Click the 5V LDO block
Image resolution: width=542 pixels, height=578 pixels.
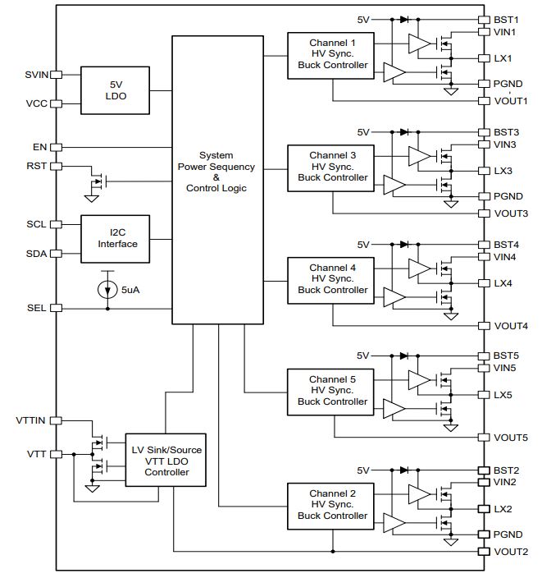pos(116,90)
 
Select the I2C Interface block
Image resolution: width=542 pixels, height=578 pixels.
pos(116,239)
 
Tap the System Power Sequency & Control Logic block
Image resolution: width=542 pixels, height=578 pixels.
pos(217,180)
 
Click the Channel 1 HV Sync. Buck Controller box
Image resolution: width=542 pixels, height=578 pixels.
pos(330,56)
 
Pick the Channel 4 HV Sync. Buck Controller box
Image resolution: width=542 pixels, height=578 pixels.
pos(330,281)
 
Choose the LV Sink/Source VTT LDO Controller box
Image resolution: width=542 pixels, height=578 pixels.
pos(166,460)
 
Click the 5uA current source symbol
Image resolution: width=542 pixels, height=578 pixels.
pos(107,290)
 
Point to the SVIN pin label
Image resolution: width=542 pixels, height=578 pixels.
pos(36,75)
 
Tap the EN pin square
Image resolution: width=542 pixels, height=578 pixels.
pos(56,147)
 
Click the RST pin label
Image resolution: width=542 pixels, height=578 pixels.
pos(36,166)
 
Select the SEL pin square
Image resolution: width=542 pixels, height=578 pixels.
pos(56,308)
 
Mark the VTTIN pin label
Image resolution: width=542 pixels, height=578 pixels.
pos(30,420)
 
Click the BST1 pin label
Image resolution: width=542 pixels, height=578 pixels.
pos(506,20)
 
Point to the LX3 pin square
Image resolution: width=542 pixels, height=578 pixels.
pos(484,171)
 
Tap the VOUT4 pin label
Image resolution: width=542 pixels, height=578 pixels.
pos(511,326)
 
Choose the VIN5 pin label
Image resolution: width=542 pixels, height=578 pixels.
pos(504,368)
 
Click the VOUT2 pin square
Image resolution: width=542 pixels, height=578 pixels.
pos(484,552)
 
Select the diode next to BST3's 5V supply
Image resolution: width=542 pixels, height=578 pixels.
pos(404,132)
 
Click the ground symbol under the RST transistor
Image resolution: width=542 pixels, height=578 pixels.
pos(92,199)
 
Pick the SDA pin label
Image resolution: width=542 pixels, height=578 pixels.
pos(36,254)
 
